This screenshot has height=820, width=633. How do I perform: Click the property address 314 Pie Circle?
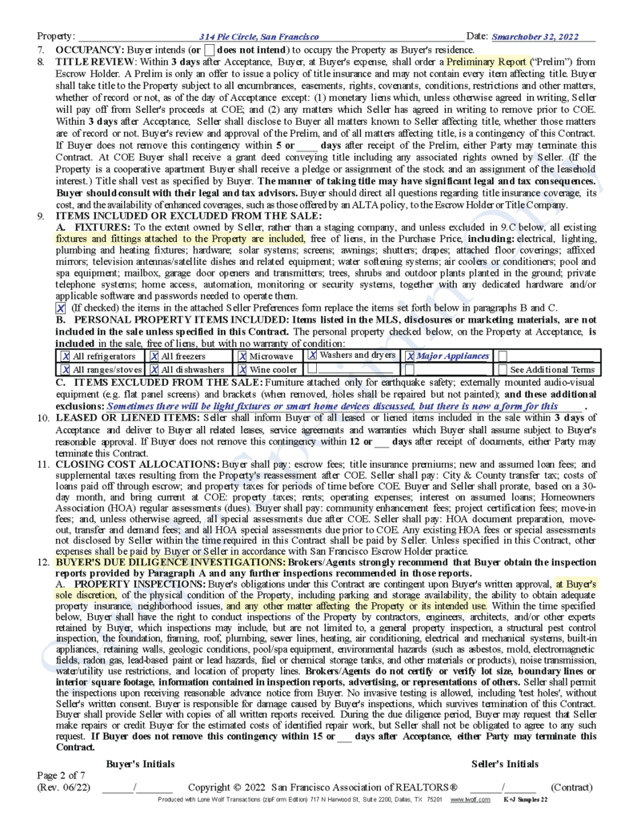(x=259, y=37)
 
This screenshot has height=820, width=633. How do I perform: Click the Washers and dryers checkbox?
(x=313, y=356)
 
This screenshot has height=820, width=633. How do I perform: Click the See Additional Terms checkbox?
(x=503, y=370)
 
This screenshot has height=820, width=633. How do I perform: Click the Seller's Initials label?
(x=505, y=764)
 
